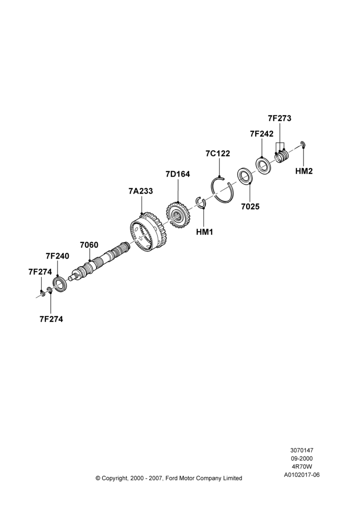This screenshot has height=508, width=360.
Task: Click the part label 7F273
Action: [x=280, y=118]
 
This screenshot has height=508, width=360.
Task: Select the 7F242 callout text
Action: [x=261, y=134]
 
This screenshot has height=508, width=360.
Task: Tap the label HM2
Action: [x=304, y=171]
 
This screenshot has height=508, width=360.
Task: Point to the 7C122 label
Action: [x=218, y=153]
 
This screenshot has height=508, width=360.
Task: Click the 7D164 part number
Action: [x=178, y=174]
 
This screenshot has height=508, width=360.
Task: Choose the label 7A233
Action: [x=140, y=191]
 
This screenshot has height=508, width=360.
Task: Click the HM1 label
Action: [x=204, y=232]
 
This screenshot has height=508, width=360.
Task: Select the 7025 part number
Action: [x=250, y=206]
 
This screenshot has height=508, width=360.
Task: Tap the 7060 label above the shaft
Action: [x=89, y=245]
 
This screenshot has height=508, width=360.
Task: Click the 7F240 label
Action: [x=57, y=256]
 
